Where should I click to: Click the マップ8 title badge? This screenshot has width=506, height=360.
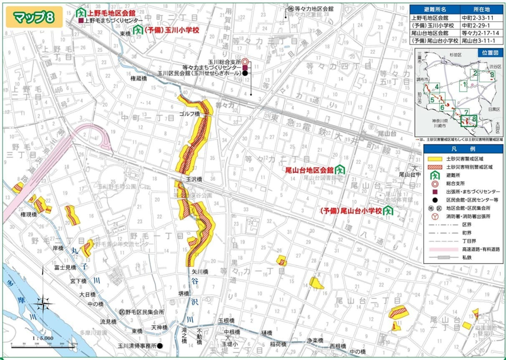(x=31, y=17)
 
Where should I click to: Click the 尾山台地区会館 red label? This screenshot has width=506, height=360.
(x=309, y=170)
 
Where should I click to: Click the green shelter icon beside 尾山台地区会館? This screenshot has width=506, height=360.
(x=339, y=170)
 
